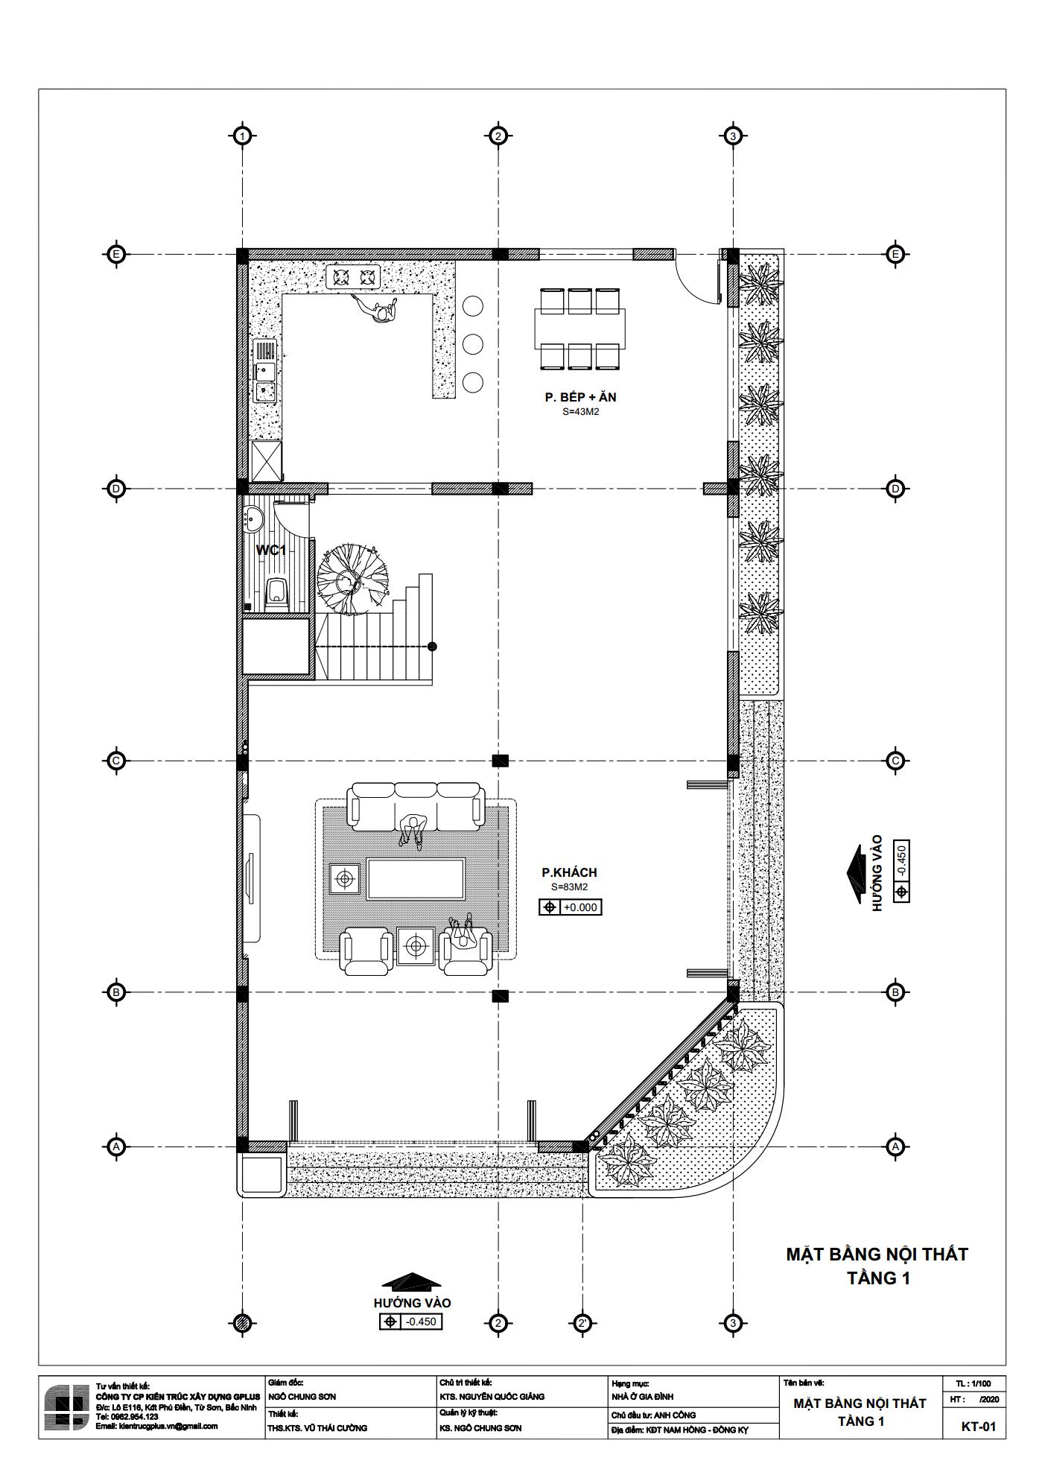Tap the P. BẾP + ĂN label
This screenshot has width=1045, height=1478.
point(580,397)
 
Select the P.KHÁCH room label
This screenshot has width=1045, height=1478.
point(569,872)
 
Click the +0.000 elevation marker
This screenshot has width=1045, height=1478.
point(570,907)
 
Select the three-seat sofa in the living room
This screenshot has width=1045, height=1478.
point(416,806)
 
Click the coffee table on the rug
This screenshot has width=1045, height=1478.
point(416,878)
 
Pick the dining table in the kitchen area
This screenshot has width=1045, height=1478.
point(579,329)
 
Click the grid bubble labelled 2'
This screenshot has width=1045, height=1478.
point(582,1323)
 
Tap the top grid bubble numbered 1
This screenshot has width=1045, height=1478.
point(242,136)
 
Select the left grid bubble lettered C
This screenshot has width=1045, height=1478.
point(116,761)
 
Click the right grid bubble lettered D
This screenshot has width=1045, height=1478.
point(895,489)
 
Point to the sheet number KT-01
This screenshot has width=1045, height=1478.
point(979,1427)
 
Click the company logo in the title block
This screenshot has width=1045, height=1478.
point(67,1407)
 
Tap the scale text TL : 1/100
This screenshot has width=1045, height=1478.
point(978,1383)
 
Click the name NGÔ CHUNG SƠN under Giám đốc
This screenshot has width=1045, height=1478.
point(301,1397)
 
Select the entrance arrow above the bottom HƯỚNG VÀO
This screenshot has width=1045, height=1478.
point(412,1282)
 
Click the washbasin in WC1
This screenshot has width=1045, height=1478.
point(251,517)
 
